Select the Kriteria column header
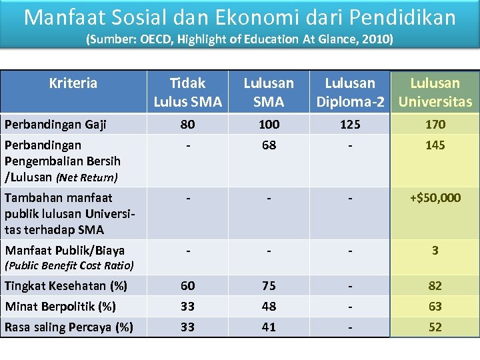pyautogui.click(x=73, y=83)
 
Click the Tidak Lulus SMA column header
pyautogui.click(x=187, y=92)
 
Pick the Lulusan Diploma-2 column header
pyautogui.click(x=350, y=92)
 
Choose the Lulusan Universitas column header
pyautogui.click(x=435, y=92)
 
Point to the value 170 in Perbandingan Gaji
pyautogui.click(x=435, y=125)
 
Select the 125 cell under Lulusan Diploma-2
pyautogui.click(x=350, y=125)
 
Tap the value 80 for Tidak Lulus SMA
pyautogui.click(x=187, y=125)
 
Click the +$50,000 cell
pyautogui.click(x=435, y=198)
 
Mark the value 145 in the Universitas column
pyautogui.click(x=435, y=145)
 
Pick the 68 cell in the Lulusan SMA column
pyautogui.click(x=269, y=145)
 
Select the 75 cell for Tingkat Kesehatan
pyautogui.click(x=269, y=286)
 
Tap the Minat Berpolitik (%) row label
pyautogui.click(x=60, y=307)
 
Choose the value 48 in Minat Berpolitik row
pyautogui.click(x=269, y=307)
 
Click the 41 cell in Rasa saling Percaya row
pyautogui.click(x=269, y=327)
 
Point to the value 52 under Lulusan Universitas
pyautogui.click(x=435, y=327)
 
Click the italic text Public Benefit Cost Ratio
pyautogui.click(x=69, y=265)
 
